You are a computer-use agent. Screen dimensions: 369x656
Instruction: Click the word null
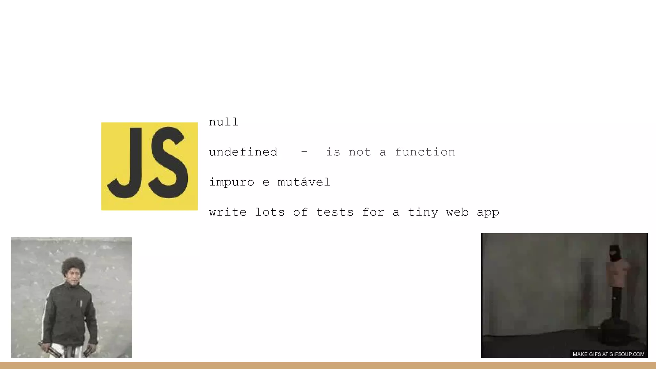(x=224, y=122)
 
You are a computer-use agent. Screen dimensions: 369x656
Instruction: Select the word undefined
(x=243, y=152)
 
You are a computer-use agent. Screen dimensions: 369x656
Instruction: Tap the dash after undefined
(x=304, y=152)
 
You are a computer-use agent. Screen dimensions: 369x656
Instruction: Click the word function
(x=425, y=152)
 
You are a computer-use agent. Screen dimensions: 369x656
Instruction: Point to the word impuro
(x=232, y=182)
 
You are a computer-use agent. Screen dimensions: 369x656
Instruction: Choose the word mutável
(x=303, y=182)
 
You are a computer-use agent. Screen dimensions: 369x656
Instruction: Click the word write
(x=228, y=212)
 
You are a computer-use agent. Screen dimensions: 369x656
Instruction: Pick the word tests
(x=335, y=212)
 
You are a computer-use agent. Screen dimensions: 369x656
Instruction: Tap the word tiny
(x=423, y=212)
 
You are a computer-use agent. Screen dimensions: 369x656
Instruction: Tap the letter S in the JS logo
(x=168, y=162)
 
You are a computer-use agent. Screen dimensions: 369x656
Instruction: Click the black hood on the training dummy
(x=614, y=253)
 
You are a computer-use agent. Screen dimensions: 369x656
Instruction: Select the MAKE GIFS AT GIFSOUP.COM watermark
(x=608, y=354)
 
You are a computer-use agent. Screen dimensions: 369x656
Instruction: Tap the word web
(x=457, y=212)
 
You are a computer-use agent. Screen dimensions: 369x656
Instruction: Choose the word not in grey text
(x=359, y=152)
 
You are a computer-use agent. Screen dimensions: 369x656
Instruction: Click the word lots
(x=270, y=212)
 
